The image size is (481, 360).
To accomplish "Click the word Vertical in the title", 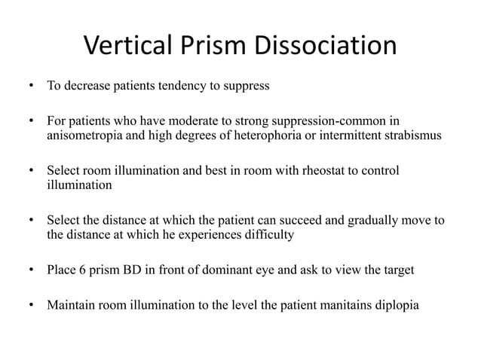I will point(124,47).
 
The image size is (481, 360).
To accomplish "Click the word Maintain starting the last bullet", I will point(72,306).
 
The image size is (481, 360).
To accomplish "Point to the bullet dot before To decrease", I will point(31,86).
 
